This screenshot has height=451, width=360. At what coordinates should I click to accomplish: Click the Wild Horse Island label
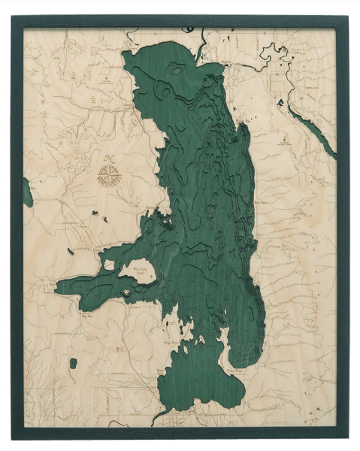tap(140, 268)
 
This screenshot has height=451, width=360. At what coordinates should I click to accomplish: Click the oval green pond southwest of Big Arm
tap(73, 364)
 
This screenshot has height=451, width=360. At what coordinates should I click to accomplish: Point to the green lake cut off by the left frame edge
tap(27, 192)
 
